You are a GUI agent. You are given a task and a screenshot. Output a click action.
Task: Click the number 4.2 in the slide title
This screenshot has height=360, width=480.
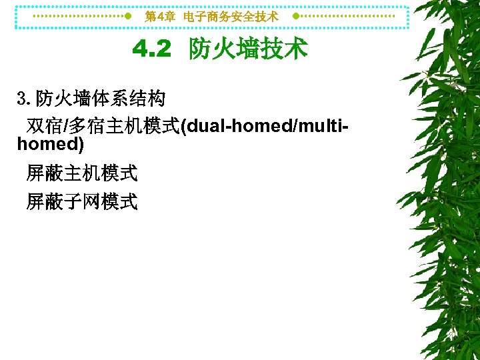(x=151, y=49)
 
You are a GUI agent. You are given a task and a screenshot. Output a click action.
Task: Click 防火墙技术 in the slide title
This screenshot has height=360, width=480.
(x=248, y=49)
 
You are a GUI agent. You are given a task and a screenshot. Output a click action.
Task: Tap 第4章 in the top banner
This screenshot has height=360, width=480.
(x=160, y=17)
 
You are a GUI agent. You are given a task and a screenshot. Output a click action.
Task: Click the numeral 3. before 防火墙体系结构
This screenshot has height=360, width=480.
(x=23, y=99)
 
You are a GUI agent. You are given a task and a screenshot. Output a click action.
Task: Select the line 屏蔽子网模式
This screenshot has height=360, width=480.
(x=81, y=201)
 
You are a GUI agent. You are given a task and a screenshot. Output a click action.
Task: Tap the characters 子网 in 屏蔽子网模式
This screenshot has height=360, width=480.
(x=81, y=201)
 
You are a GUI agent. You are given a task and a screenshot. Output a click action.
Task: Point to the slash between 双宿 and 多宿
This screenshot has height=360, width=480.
(x=65, y=125)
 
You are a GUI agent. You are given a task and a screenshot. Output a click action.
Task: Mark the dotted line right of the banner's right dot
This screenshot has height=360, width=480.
(x=351, y=16)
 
